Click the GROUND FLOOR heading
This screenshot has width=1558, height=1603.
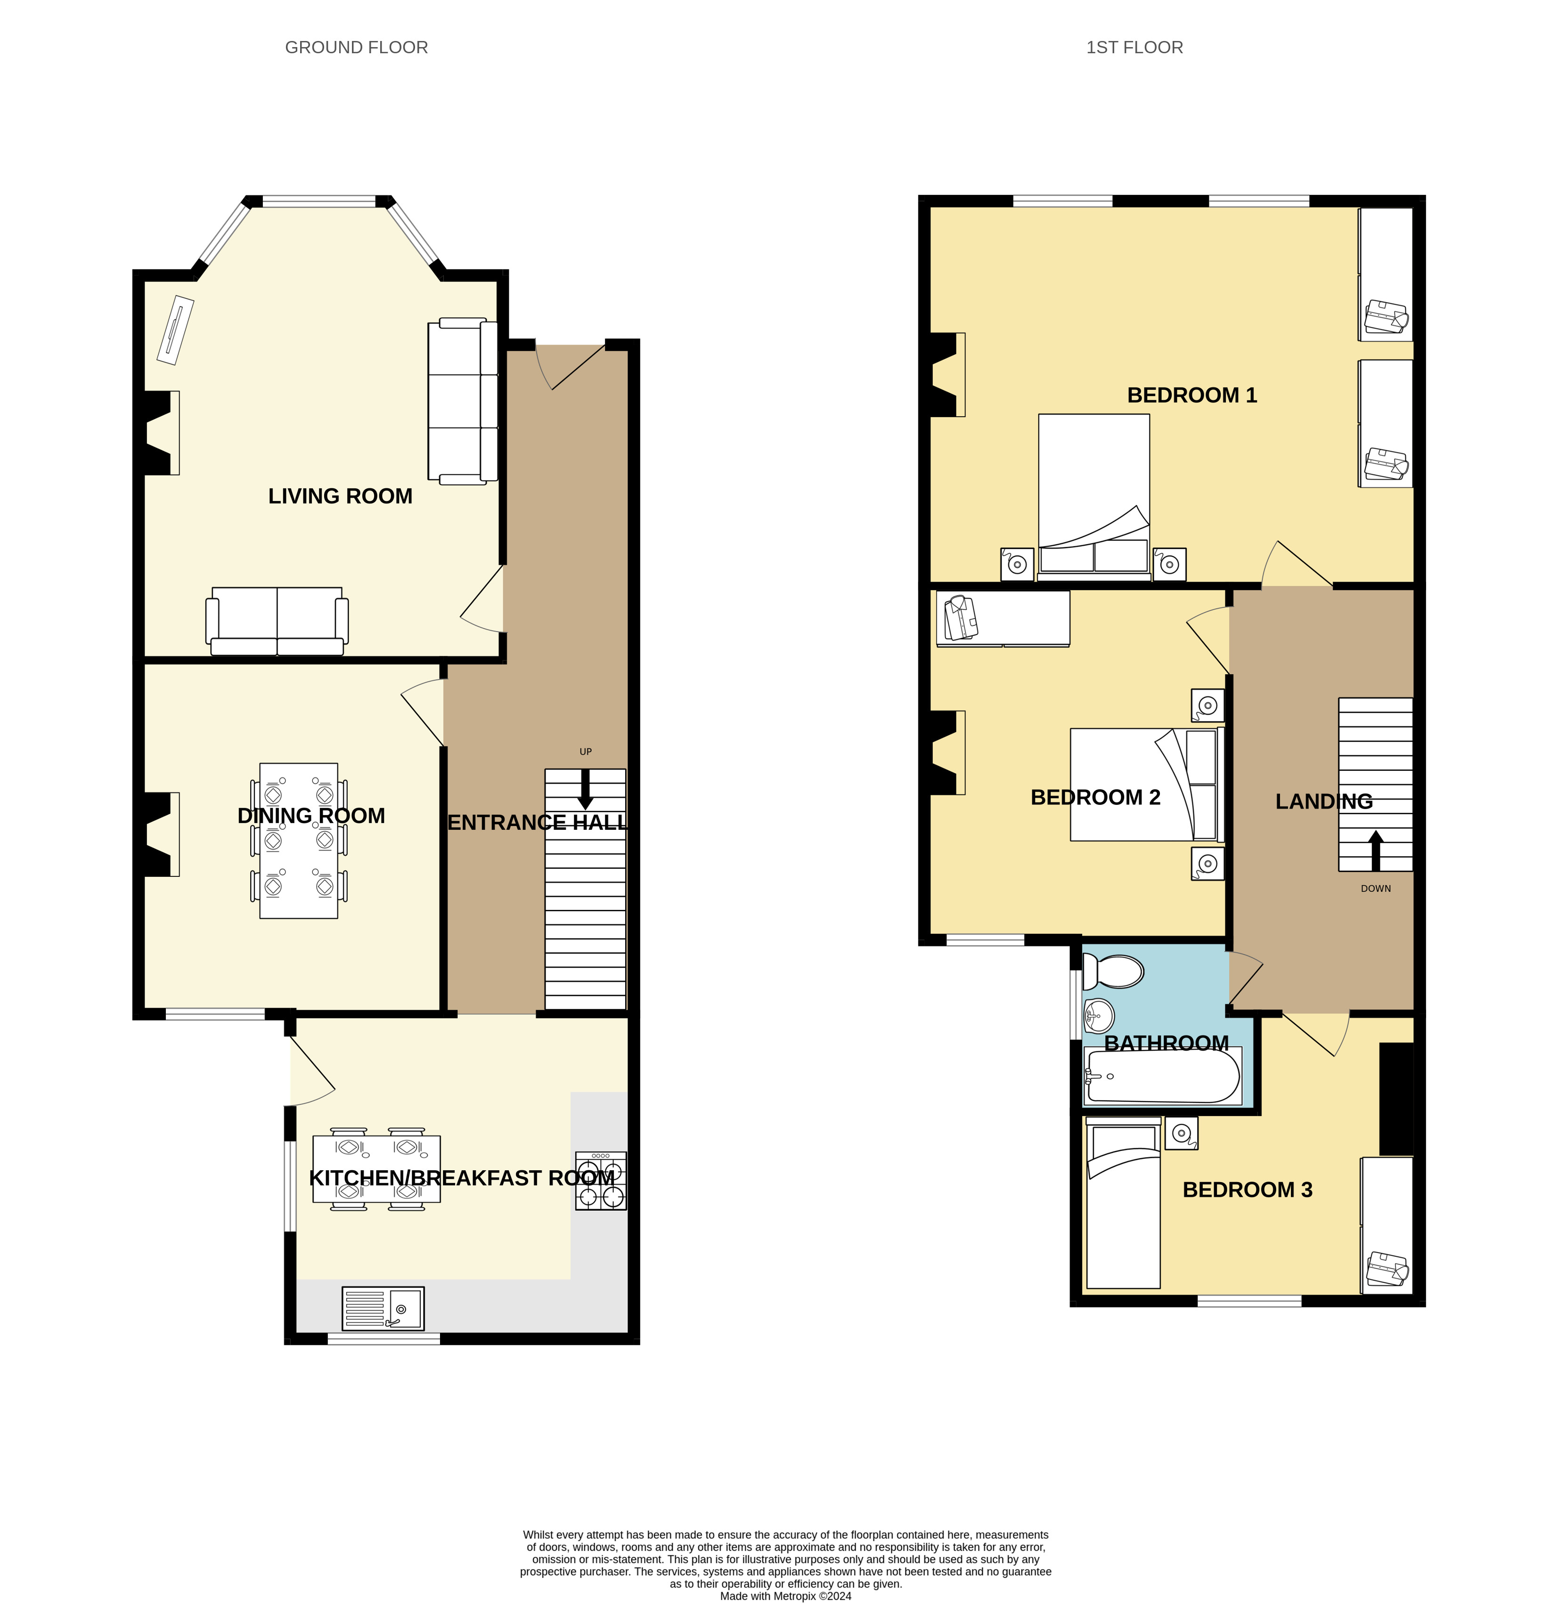click(356, 48)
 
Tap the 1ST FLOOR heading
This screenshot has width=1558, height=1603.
click(1134, 48)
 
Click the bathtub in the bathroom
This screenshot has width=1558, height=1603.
click(1162, 1075)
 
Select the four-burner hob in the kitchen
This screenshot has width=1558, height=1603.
click(601, 1180)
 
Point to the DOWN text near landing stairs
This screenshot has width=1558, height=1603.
click(1376, 888)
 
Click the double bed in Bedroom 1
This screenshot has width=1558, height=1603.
click(1094, 496)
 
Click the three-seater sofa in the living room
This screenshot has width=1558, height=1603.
click(462, 401)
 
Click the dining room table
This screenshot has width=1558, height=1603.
click(299, 841)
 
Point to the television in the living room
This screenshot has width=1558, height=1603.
click(175, 330)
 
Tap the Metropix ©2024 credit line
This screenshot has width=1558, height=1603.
click(785, 1595)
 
